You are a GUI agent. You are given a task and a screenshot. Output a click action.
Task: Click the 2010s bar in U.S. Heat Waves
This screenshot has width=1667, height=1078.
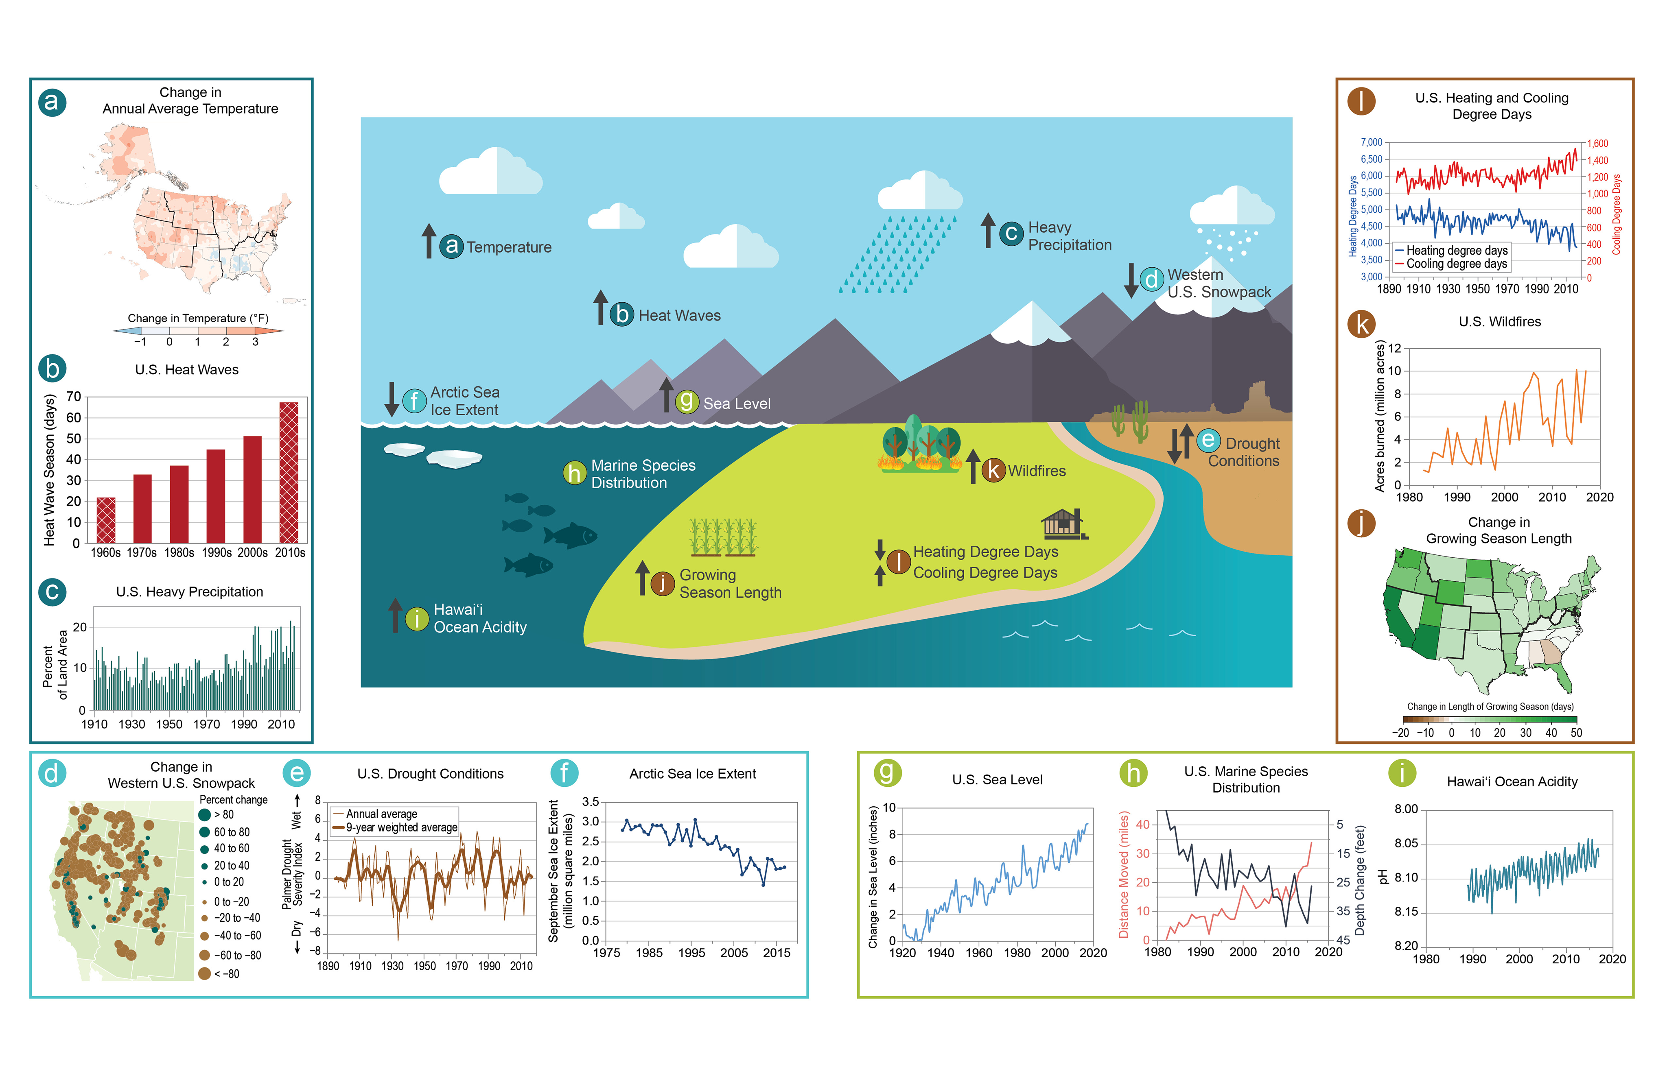289,473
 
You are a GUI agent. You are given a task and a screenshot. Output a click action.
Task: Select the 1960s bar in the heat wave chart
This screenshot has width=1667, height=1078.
106,520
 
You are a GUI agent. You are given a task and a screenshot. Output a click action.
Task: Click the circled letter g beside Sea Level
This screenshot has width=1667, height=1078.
687,401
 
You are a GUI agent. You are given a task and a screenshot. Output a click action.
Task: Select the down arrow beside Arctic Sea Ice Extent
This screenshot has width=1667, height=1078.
392,399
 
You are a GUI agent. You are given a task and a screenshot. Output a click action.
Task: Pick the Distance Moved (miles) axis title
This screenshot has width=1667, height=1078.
1124,874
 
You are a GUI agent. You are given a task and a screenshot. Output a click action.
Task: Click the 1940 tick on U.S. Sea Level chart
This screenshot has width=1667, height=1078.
940,953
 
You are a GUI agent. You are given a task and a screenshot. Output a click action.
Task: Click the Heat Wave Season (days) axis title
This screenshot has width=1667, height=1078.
49,470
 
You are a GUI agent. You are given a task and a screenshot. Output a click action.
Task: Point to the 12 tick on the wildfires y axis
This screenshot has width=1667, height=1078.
1395,348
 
